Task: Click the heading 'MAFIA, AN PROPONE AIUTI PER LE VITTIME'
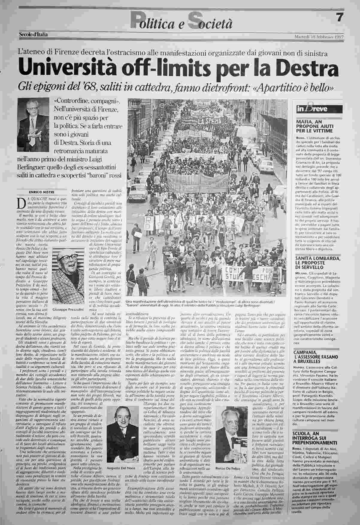[314, 126]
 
